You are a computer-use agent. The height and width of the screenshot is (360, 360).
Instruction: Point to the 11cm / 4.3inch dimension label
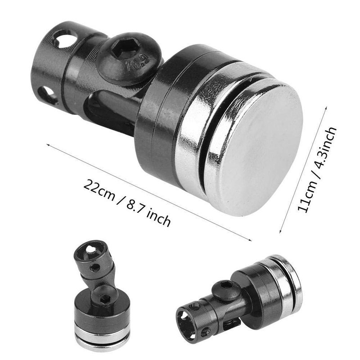[x=317, y=169]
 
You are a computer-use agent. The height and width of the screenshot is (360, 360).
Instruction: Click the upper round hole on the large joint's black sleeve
[x=65, y=39]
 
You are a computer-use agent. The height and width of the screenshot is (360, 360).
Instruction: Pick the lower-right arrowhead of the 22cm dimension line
[x=250, y=239]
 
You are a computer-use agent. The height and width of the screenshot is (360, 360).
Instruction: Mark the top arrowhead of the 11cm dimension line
[x=326, y=108]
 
